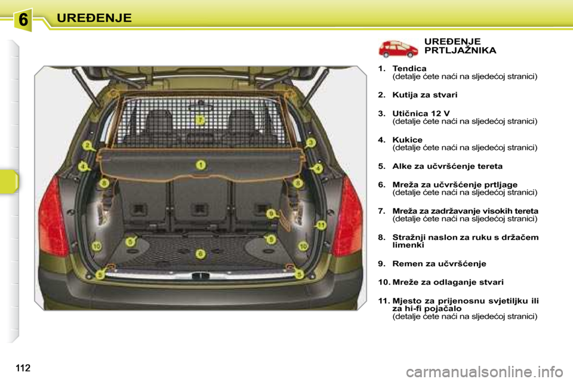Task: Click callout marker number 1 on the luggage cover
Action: pyautogui.click(x=201, y=165)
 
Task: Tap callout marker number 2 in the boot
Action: pyautogui.click(x=87, y=146)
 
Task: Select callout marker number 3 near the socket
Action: pyautogui.click(x=310, y=143)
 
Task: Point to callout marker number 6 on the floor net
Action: pyautogui.click(x=201, y=254)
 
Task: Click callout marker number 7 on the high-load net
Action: pyautogui.click(x=201, y=120)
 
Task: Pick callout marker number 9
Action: pyautogui.click(x=271, y=214)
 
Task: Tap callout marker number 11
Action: pyautogui.click(x=321, y=225)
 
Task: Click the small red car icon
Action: pyautogui.click(x=398, y=49)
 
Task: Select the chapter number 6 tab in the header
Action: pyautogui.click(x=23, y=19)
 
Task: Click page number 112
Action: pyautogui.click(x=23, y=368)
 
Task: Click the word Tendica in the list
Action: pyautogui.click(x=409, y=69)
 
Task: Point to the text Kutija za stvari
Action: pyautogui.click(x=424, y=95)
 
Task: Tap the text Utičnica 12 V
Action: pyautogui.click(x=421, y=113)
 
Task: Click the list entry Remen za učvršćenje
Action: pyautogui.click(x=439, y=264)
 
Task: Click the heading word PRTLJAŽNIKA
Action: pyautogui.click(x=460, y=51)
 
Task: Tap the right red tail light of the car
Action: pyautogui.click(x=347, y=217)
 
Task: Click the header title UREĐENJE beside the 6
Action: pyautogui.click(x=94, y=18)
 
